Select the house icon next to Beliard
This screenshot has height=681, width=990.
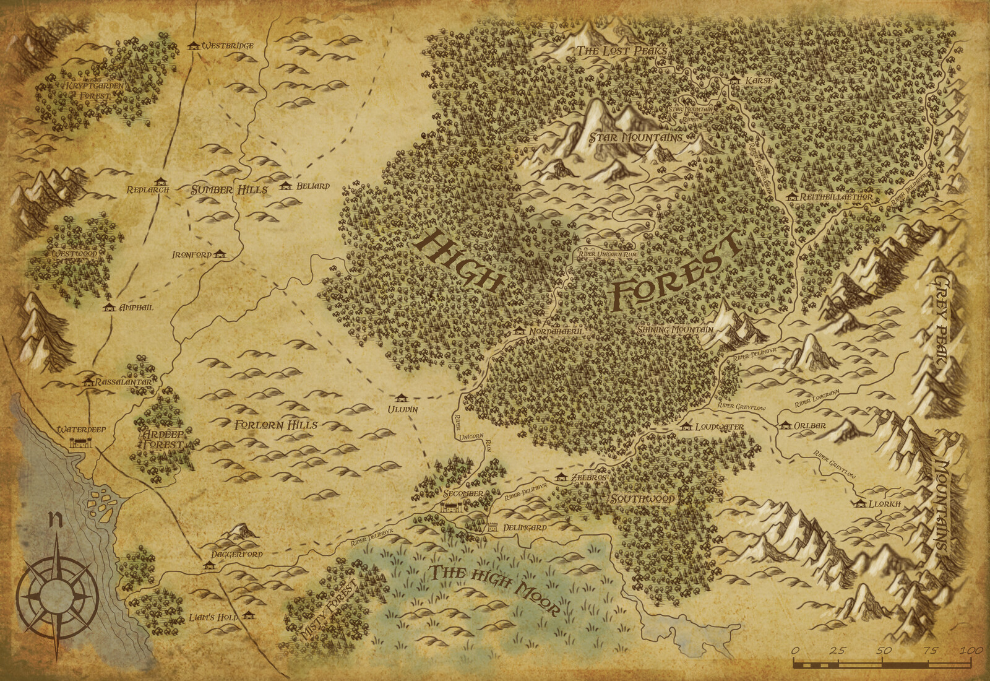(285, 185)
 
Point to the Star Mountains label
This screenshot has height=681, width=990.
(635, 137)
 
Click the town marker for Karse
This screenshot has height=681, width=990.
(734, 80)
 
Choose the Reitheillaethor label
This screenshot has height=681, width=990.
(836, 197)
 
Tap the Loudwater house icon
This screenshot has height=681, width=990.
(685, 426)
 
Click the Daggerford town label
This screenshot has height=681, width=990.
(237, 554)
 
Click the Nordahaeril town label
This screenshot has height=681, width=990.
(557, 332)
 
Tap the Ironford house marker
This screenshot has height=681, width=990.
(220, 254)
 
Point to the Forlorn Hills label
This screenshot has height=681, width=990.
(276, 425)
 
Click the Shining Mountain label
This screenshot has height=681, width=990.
(675, 330)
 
